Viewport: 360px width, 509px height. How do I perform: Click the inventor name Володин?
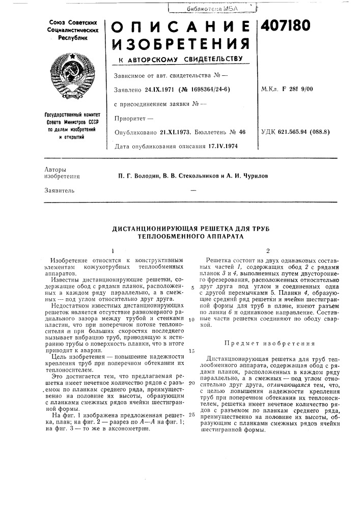pos(147,176)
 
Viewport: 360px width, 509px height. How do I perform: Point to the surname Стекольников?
pos(197,176)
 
